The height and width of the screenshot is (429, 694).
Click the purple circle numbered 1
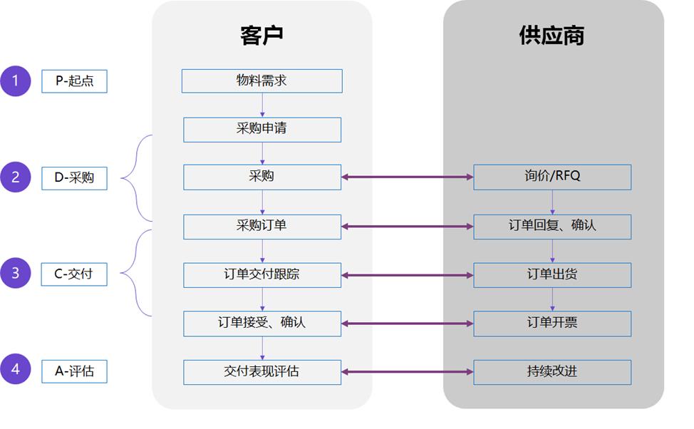[x=16, y=81]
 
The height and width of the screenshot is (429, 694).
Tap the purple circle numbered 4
[x=16, y=370]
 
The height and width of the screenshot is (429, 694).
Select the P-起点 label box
[x=75, y=81]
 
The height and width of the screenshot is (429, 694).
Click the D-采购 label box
[x=75, y=178]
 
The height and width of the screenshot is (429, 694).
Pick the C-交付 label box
[x=75, y=274]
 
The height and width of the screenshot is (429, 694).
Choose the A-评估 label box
[x=75, y=371]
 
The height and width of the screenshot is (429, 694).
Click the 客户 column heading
[x=261, y=36]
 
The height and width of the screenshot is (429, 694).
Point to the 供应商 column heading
[x=552, y=36]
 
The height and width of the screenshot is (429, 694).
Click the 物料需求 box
[x=261, y=81]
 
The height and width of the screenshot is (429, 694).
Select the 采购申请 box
[x=261, y=130]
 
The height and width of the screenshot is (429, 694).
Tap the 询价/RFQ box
[x=552, y=177]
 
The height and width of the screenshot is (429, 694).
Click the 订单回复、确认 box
[x=552, y=227]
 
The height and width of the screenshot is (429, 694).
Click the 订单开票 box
[x=552, y=324]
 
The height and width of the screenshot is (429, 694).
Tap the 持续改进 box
[x=552, y=372]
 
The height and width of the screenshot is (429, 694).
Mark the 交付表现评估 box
[x=261, y=372]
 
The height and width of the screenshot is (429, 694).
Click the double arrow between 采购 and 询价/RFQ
[x=407, y=177]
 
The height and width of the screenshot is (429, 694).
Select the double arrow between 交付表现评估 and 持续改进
[x=407, y=372]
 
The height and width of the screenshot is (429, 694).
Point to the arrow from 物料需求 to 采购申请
[x=262, y=105]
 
